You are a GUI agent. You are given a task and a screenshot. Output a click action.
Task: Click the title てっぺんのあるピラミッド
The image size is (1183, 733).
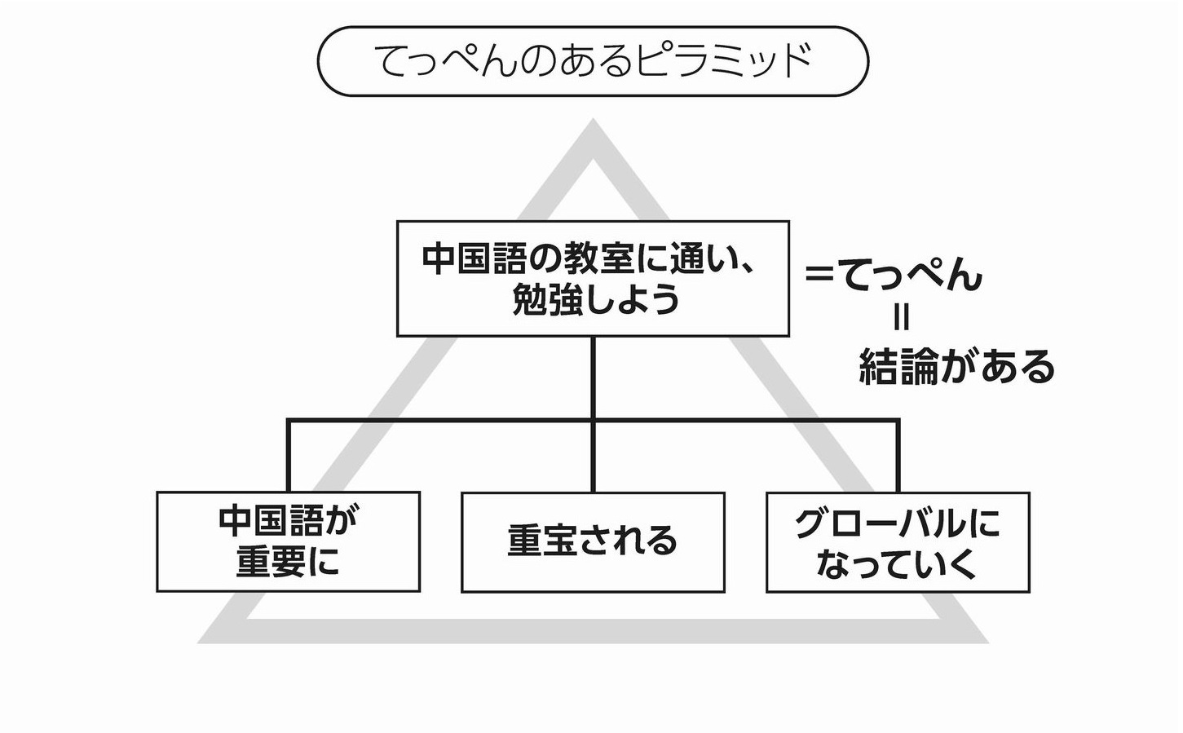[593, 61]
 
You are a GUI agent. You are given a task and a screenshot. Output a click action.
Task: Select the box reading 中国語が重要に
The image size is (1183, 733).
[288, 541]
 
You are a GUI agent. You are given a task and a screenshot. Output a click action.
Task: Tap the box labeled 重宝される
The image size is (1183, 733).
[593, 541]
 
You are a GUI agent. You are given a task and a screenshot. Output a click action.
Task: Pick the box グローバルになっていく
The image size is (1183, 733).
[898, 542]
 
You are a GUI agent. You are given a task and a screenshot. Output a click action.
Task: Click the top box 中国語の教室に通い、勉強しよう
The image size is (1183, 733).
[593, 278]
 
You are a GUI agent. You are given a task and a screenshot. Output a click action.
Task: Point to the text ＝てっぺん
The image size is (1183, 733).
[894, 276]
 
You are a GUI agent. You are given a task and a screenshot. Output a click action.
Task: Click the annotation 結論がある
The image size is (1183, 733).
[957, 368]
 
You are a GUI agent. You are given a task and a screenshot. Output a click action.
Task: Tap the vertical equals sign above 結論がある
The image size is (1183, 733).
[901, 317]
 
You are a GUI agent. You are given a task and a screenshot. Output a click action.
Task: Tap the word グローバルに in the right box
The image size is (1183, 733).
[898, 523]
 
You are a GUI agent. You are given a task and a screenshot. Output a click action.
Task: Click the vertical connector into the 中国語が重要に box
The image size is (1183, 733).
[288, 457]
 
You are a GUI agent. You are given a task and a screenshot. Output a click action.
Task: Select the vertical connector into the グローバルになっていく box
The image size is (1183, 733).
[898, 457]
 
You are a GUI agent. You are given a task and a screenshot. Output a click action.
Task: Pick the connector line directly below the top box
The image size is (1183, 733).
[593, 377]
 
